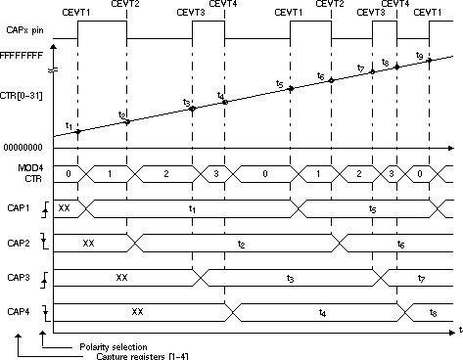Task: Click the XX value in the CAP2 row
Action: (x=88, y=242)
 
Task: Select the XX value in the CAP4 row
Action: (x=137, y=312)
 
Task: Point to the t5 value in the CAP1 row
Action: (x=372, y=208)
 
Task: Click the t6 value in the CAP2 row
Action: (x=402, y=243)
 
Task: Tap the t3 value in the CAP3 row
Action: (x=291, y=279)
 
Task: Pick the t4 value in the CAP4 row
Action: (x=323, y=313)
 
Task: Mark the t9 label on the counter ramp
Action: (x=419, y=56)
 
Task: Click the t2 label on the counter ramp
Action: (x=122, y=115)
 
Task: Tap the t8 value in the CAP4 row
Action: (x=434, y=313)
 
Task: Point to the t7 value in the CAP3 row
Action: (x=421, y=279)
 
